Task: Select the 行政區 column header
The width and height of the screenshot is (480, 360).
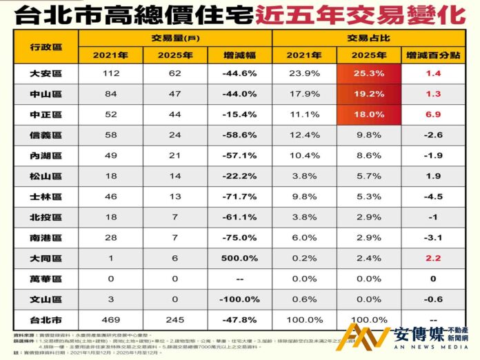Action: click(x=47, y=44)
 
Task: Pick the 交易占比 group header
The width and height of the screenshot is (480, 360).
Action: click(x=370, y=37)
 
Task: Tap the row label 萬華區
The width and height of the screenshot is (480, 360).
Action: click(x=47, y=279)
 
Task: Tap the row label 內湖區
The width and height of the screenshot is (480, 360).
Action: click(x=47, y=156)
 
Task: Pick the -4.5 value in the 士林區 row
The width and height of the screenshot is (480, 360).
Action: click(x=433, y=197)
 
